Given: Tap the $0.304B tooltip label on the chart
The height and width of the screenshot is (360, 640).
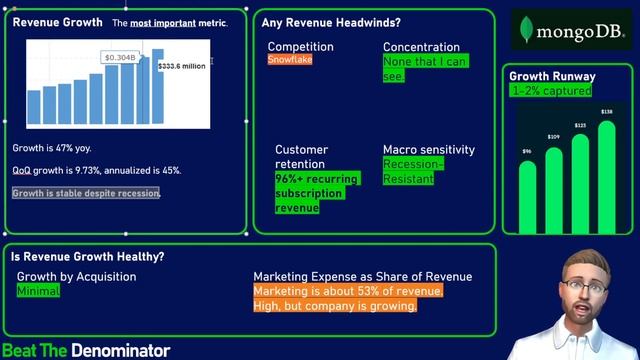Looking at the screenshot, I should pos(120,58).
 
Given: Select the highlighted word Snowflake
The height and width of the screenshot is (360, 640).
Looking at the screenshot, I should pos(290,61).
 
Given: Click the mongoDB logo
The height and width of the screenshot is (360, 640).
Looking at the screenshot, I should pos(566,32).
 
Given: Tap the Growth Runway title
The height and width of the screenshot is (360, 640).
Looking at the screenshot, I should pos(552,76).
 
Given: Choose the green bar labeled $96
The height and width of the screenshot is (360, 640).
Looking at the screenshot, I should pos(526,195).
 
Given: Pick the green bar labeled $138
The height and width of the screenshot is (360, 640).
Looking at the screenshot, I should pos(606,177).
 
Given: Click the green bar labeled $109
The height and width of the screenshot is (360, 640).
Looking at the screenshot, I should pos(553,189).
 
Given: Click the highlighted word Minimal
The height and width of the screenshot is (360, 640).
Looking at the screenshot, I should pos(38,291).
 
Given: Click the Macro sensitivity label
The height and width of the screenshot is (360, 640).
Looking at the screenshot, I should pos(428,150).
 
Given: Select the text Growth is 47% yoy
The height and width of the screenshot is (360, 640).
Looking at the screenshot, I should pos(51,148).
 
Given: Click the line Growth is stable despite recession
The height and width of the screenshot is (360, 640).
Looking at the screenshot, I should pos(86,193).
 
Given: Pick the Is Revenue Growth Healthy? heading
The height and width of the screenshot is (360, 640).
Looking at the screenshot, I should pos(88,257).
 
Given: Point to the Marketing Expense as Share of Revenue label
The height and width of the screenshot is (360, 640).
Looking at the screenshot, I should pos(362,277).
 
